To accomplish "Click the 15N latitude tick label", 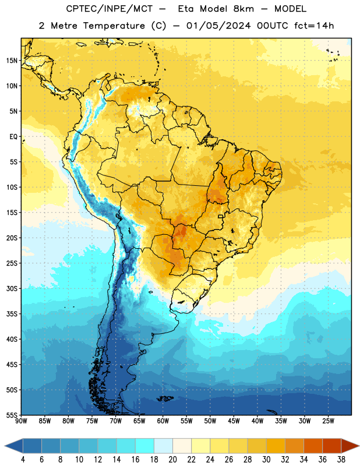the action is click(12, 61).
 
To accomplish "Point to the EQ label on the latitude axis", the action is click(13, 137).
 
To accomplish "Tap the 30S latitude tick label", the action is click(12, 288).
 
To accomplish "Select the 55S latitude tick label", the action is click(12, 415).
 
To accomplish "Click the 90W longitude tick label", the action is click(22, 421).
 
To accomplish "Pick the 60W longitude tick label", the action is click(163, 421).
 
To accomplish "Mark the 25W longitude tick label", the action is click(328, 421).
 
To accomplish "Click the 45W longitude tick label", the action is click(234, 421).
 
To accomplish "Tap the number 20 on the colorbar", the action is click(172, 460).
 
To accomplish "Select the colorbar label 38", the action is click(341, 460).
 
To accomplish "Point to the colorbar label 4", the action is click(23, 460).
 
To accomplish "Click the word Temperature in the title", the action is click(114, 26).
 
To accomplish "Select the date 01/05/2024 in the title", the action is click(218, 26).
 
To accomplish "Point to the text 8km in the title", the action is click(243, 9).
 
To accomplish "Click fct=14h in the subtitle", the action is click(314, 26).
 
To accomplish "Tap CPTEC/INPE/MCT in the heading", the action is click(109, 9).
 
